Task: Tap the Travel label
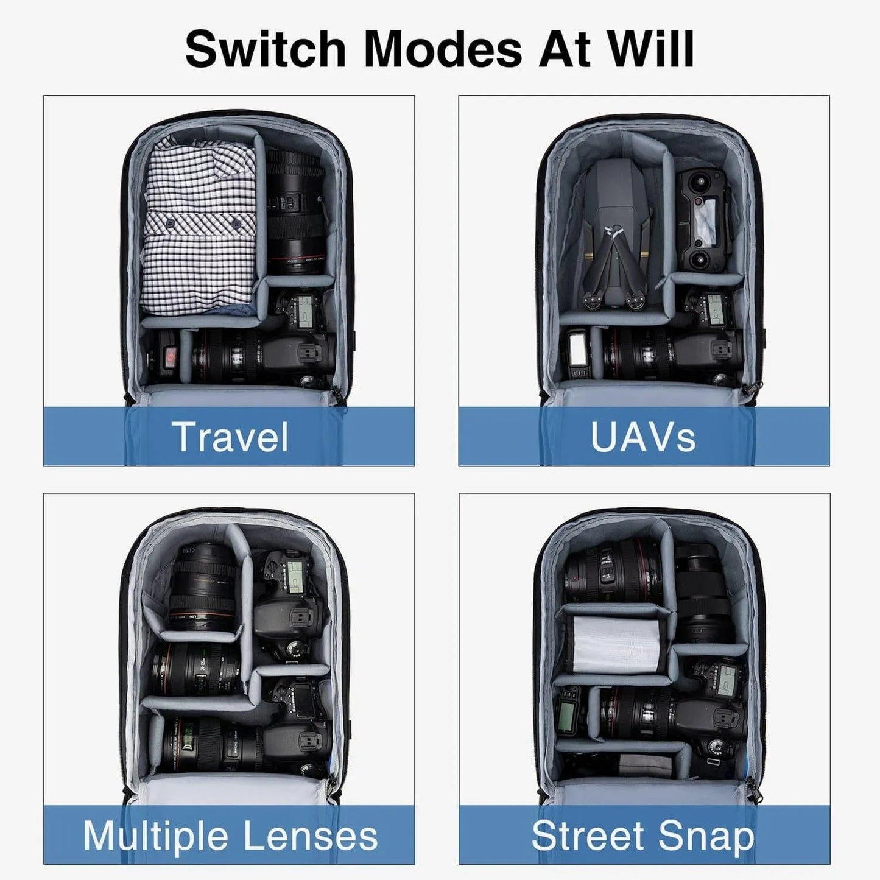click(x=230, y=437)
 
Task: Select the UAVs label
click(x=643, y=437)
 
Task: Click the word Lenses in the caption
click(x=310, y=836)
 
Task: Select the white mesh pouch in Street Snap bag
click(x=616, y=646)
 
